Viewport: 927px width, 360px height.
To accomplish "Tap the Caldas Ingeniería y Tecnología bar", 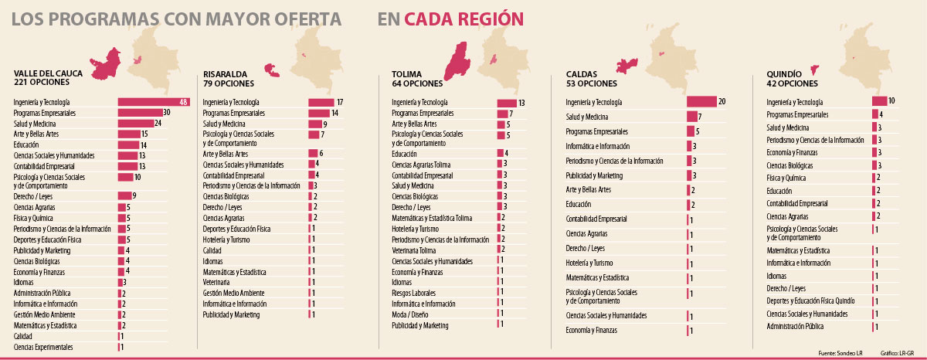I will click(x=701, y=102).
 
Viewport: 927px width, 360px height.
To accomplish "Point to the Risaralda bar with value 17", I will click(x=321, y=102).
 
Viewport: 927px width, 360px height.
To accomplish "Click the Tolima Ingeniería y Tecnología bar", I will click(x=507, y=103).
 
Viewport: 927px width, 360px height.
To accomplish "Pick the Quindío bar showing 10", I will click(x=879, y=101).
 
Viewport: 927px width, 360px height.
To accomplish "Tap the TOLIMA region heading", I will click(x=407, y=74).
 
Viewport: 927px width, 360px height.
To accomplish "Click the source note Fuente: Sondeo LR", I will click(x=840, y=353).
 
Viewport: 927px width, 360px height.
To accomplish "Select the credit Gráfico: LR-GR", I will click(x=897, y=353).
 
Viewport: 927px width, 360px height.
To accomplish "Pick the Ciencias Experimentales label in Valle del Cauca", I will click(x=43, y=348).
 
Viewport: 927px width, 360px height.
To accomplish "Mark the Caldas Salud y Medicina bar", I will click(x=692, y=117).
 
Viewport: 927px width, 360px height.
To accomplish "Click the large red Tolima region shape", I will click(x=458, y=59).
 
